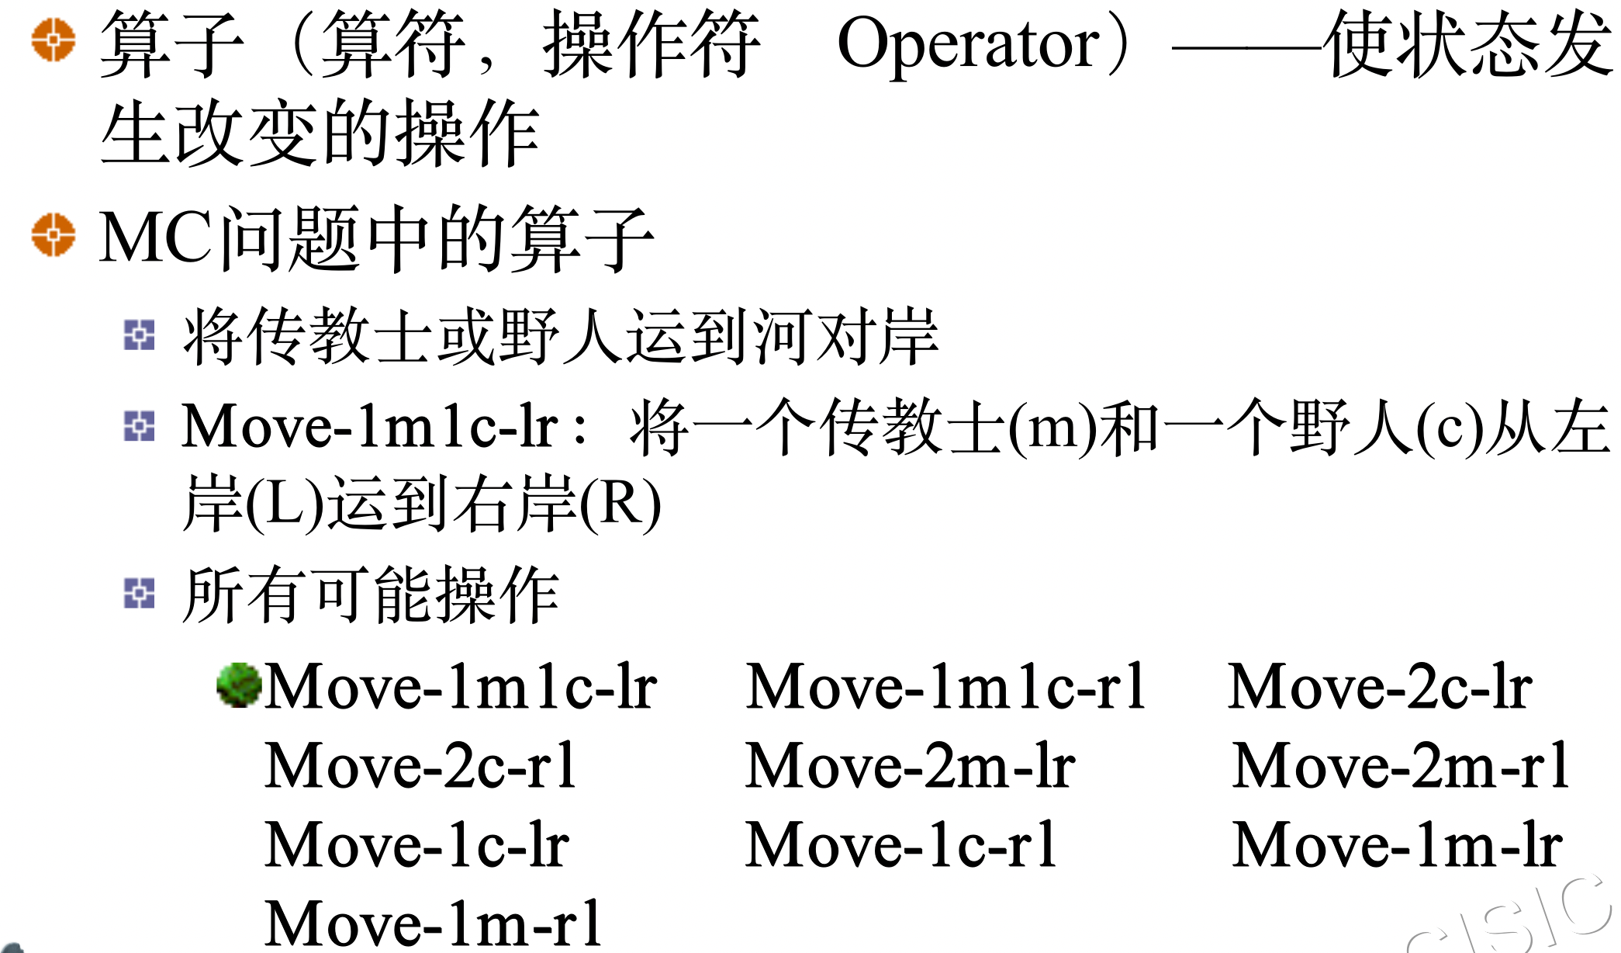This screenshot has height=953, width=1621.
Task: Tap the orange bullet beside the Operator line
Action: (54, 40)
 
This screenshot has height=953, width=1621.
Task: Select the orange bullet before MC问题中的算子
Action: (54, 234)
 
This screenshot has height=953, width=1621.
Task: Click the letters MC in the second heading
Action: (155, 237)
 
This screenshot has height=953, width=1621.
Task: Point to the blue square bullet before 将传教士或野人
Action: (140, 335)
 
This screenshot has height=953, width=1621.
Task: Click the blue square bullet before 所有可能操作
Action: (140, 594)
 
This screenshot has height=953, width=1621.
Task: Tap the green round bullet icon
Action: (238, 684)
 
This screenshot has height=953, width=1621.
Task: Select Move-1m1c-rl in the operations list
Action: (945, 686)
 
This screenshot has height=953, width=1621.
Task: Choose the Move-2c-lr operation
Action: (1380, 686)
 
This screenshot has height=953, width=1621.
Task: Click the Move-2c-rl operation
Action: (420, 765)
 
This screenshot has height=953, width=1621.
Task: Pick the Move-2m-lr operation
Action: (910, 765)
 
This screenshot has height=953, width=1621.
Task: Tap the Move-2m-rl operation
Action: (1401, 765)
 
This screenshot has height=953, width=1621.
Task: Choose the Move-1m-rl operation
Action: (433, 924)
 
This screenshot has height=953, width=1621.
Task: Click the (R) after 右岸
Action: (620, 504)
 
